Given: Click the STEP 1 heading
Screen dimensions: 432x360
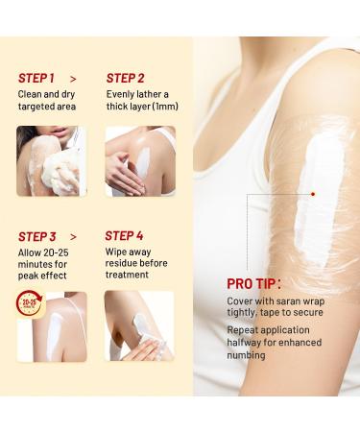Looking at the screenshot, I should pyautogui.click(x=36, y=78).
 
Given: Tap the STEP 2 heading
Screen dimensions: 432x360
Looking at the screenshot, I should pyautogui.click(x=125, y=78).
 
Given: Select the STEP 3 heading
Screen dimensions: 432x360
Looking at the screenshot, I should pyautogui.click(x=37, y=236).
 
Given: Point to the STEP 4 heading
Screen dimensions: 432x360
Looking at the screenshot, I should pyautogui.click(x=125, y=236).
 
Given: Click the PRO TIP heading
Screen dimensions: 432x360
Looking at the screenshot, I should pyautogui.click(x=253, y=284).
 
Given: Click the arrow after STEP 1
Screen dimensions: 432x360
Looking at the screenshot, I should pyautogui.click(x=74, y=78).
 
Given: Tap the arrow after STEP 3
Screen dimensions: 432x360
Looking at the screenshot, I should pyautogui.click(x=75, y=236).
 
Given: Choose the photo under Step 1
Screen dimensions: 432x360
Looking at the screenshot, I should pyautogui.click(x=52, y=161).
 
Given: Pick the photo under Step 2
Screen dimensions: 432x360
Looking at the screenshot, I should pyautogui.click(x=139, y=161).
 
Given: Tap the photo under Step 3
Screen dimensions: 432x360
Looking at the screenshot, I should pyautogui.click(x=52, y=325).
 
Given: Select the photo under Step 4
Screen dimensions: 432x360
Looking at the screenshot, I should pyautogui.click(x=139, y=325).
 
